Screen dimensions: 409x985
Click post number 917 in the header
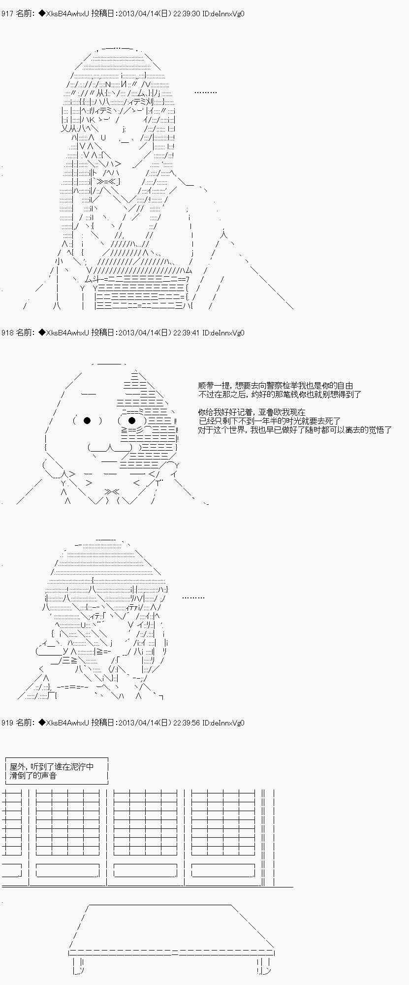click(7, 14)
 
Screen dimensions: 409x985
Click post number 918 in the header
click(7, 333)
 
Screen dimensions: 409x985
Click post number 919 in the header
click(7, 723)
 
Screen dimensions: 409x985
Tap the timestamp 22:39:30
click(187, 14)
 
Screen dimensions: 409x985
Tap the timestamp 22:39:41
click(187, 333)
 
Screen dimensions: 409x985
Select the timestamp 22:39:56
click(187, 723)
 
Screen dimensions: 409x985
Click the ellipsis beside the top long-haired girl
click(205, 92)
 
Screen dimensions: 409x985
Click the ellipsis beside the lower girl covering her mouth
click(193, 597)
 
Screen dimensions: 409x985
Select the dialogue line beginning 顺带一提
click(276, 386)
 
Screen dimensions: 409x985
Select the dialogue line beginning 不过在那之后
click(280, 394)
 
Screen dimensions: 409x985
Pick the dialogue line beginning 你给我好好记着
click(252, 412)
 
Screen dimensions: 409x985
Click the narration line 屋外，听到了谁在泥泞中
click(51, 767)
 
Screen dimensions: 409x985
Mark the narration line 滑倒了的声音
click(33, 776)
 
